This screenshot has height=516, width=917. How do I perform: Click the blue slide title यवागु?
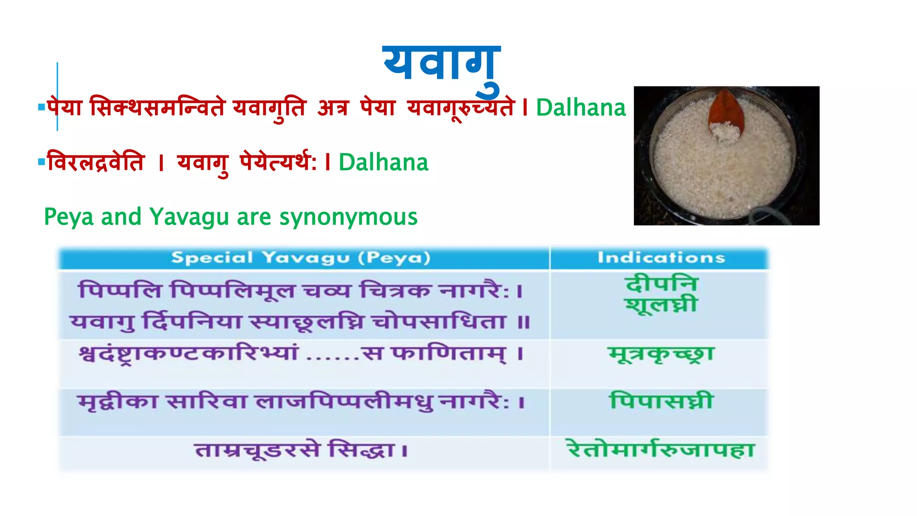(x=441, y=65)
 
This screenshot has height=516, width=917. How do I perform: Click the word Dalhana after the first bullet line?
(x=581, y=108)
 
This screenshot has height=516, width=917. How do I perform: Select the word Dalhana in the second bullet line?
(x=383, y=162)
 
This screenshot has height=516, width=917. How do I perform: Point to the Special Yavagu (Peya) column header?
(x=301, y=258)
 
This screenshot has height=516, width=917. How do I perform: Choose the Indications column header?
(x=661, y=258)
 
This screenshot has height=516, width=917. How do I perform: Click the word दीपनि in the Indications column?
(x=661, y=284)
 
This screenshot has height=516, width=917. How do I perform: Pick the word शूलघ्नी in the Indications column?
(x=661, y=305)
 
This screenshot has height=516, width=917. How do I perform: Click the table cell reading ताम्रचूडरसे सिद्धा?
(x=301, y=450)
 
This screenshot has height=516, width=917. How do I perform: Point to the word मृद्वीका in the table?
(x=117, y=401)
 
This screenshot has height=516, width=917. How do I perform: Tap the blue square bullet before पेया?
(x=42, y=107)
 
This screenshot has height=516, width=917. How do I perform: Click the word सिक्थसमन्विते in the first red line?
(x=157, y=108)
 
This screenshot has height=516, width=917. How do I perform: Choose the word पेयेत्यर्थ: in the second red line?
(x=278, y=162)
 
